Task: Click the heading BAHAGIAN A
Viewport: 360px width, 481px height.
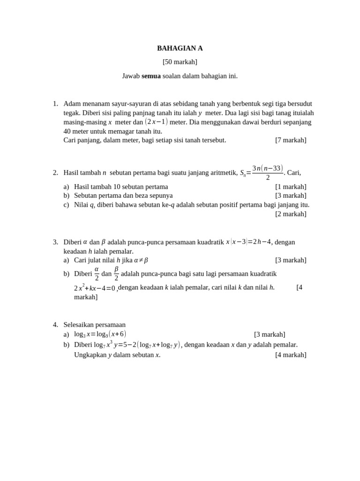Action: coord(180,48)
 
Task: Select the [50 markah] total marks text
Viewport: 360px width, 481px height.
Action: coord(180,62)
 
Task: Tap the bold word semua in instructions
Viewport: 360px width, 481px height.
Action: coord(151,76)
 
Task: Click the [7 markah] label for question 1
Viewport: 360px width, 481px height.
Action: coord(291,140)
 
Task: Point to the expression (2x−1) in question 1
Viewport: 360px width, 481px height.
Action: coord(156,122)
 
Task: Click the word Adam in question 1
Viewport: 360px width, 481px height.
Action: coord(72,103)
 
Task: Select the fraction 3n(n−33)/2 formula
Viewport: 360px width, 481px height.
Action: coord(268,172)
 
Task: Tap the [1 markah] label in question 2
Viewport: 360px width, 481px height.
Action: coord(291,186)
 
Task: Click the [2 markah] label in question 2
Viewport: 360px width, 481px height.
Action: coord(291,214)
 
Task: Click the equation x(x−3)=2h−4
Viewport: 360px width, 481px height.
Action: coord(248,242)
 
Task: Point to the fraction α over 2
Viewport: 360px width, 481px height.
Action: coord(97,273)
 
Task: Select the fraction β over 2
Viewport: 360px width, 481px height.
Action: coord(116,273)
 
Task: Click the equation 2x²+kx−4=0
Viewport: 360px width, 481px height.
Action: coord(94,288)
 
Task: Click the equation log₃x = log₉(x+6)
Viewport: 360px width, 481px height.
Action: coord(100,334)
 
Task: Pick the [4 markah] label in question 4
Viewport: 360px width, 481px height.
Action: coord(291,355)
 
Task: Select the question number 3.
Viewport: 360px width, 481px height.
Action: coord(55,242)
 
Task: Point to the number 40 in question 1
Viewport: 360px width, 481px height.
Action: coord(67,131)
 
